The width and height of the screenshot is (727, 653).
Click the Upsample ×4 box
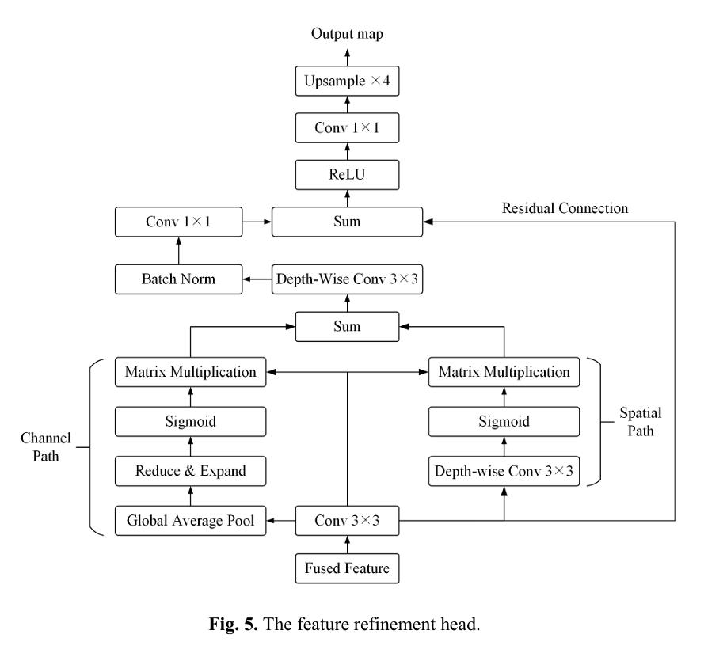pyautogui.click(x=347, y=81)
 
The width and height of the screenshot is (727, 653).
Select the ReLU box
pyautogui.click(x=347, y=173)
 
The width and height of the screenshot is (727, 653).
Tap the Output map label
pyautogui.click(x=347, y=34)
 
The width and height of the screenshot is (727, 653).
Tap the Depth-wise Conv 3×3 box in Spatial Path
pyautogui.click(x=504, y=470)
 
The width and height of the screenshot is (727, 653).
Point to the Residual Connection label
pyautogui.click(x=565, y=209)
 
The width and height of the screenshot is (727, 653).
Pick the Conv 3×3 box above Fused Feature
pyautogui.click(x=347, y=521)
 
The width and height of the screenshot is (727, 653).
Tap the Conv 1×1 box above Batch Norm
pyautogui.click(x=177, y=221)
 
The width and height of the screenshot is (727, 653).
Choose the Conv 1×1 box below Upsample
pyautogui.click(x=347, y=127)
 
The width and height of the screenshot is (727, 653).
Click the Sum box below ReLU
pyautogui.click(x=347, y=221)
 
